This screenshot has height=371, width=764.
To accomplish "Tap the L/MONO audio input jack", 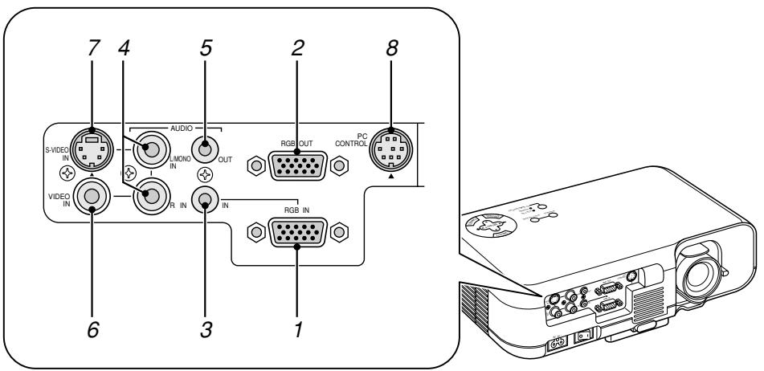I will [x=150, y=148].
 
